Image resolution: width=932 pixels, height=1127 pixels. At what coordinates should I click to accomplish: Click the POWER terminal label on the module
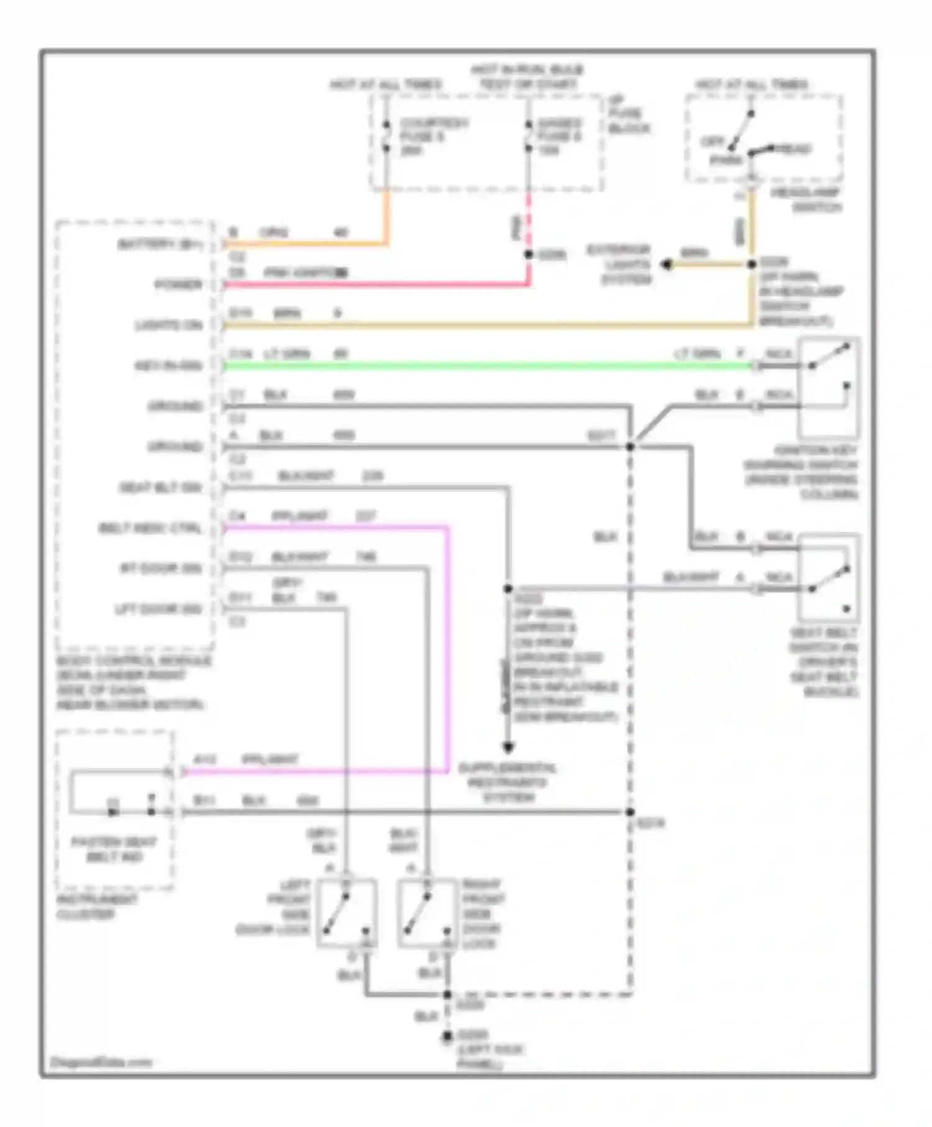pyautogui.click(x=179, y=285)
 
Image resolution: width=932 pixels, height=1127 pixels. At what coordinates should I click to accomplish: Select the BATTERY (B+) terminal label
pyautogui.click(x=160, y=244)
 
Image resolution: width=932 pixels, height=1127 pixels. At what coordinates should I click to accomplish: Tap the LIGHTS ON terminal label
pyautogui.click(x=169, y=325)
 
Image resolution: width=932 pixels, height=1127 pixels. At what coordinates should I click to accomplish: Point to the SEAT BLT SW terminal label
pyautogui.click(x=161, y=488)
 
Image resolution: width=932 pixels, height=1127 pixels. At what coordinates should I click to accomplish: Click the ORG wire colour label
pyautogui.click(x=273, y=233)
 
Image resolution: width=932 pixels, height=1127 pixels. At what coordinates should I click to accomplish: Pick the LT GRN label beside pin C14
pyautogui.click(x=287, y=354)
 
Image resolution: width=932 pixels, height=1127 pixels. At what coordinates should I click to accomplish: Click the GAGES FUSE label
pyautogui.click(x=560, y=136)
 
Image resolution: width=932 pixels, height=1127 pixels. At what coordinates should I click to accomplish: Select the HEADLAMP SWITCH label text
pyautogui.click(x=806, y=199)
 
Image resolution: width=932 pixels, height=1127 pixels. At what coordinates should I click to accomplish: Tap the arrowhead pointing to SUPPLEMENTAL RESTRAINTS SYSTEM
pyautogui.click(x=508, y=747)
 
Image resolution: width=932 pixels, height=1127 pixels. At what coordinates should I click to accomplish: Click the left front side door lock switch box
pyautogui.click(x=347, y=913)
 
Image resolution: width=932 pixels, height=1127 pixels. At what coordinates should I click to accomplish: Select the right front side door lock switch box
pyautogui.click(x=427, y=913)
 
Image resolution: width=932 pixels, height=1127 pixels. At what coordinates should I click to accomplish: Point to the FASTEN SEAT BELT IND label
pyautogui.click(x=114, y=849)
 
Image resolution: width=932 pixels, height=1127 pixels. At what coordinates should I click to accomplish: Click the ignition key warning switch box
pyautogui.click(x=829, y=388)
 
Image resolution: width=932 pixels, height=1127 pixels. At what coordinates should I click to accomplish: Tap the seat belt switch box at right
pyautogui.click(x=829, y=578)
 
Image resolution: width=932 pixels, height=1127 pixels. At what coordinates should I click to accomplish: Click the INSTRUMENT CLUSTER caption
pyautogui.click(x=97, y=907)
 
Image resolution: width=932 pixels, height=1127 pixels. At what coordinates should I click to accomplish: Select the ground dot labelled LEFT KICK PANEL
pyautogui.click(x=447, y=1036)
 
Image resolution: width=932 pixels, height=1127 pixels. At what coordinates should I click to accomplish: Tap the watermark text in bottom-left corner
pyautogui.click(x=101, y=1062)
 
